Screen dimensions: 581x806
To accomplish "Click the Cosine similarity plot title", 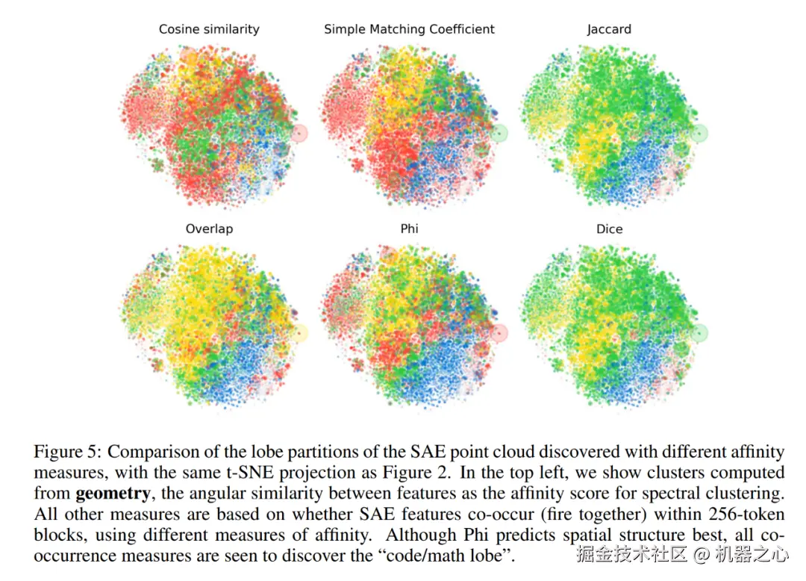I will [x=209, y=30].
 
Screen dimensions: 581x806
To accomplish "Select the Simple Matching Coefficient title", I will [x=409, y=30].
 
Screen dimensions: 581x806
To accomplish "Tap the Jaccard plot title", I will [x=609, y=30].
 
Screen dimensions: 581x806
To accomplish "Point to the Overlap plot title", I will [x=209, y=229].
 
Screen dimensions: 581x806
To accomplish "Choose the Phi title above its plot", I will [x=409, y=229].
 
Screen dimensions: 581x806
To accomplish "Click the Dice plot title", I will [x=609, y=229].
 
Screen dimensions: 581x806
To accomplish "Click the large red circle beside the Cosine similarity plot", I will [x=299, y=134].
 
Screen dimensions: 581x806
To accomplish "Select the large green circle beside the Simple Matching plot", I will [x=499, y=134].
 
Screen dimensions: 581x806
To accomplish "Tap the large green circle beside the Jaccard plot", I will [x=699, y=134].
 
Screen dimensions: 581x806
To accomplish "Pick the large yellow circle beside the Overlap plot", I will [x=299, y=333].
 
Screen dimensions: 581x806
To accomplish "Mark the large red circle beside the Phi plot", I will [x=499, y=333].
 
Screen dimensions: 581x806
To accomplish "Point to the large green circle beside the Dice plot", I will [x=699, y=333].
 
